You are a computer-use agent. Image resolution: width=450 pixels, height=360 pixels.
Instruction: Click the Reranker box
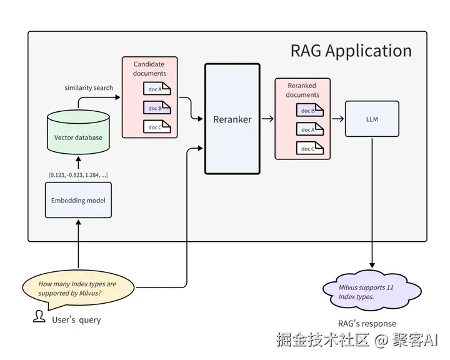232,119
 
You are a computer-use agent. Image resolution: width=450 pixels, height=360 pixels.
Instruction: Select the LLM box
372,119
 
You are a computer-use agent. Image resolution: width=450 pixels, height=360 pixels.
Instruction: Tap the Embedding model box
78,200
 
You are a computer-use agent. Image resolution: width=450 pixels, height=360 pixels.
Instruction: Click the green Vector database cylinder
78,133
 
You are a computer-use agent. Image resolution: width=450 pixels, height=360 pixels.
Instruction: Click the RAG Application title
351,51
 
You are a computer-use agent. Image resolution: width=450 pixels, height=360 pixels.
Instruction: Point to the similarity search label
89,87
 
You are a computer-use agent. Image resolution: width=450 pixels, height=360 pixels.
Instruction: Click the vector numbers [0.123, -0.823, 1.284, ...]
78,174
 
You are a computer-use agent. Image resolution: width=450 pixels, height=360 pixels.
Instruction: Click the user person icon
39,317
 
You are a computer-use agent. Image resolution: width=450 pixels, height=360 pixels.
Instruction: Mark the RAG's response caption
367,323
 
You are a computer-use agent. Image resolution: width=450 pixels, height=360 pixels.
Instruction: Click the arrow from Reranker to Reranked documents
267,118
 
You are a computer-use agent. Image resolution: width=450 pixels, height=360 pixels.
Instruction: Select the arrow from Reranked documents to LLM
337,118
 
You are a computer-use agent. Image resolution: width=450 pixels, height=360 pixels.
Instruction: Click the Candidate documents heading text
150,69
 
